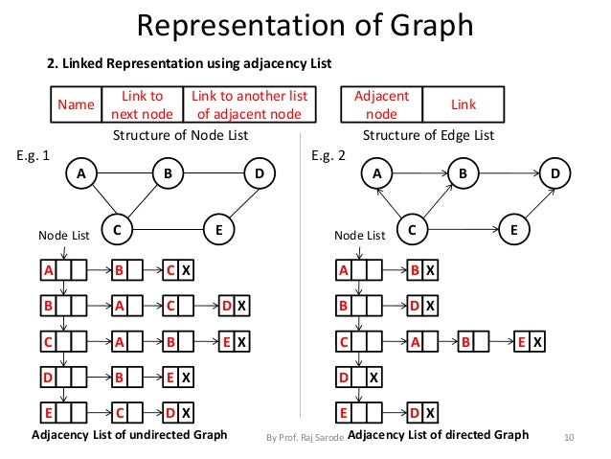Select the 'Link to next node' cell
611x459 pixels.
tap(142, 103)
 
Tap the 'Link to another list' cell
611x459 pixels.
tap(249, 103)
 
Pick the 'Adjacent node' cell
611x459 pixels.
tap(381, 103)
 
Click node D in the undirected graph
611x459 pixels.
tap(259, 173)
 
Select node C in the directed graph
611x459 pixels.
tap(412, 230)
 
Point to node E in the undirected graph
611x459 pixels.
tap(219, 230)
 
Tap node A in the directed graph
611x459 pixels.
tap(377, 173)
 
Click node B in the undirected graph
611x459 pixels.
tap(168, 173)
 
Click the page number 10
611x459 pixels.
tap(571, 437)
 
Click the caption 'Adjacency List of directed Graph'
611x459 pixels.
tap(438, 435)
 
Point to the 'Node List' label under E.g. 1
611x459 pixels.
tap(62, 234)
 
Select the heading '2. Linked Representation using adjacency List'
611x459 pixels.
tap(190, 64)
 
